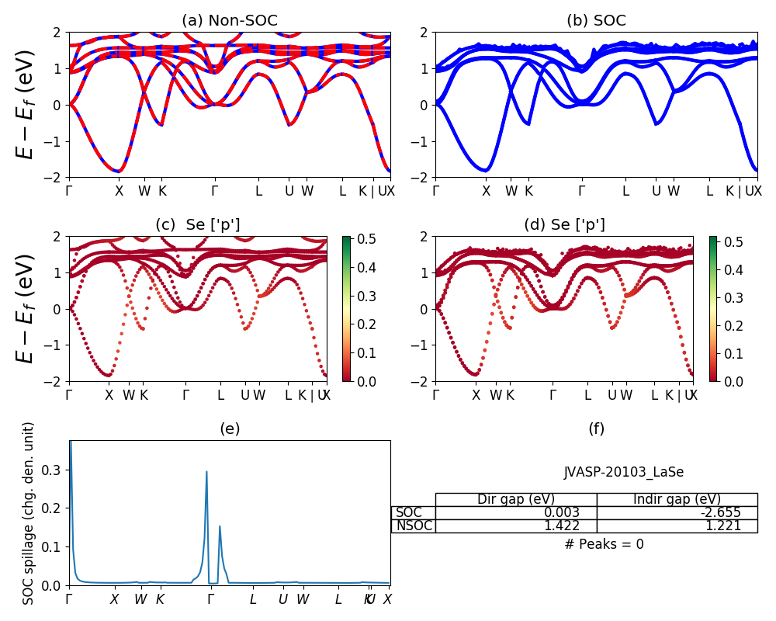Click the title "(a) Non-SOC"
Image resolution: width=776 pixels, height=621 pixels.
point(229,21)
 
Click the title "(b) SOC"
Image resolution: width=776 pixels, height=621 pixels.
point(596,21)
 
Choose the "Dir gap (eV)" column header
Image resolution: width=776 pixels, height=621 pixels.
point(516,499)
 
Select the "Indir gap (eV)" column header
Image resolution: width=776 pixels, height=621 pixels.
point(677,499)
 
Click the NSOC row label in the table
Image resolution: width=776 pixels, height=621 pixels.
point(414,526)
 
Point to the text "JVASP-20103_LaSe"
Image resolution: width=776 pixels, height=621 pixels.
point(623,472)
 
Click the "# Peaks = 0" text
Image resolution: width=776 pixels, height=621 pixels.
point(604,544)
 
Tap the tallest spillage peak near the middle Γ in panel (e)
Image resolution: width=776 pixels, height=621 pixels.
point(206,472)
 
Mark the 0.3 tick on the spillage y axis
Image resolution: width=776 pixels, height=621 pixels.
point(54,470)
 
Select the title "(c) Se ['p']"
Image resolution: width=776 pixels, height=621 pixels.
point(197,225)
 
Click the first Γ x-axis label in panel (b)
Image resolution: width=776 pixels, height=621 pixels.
point(436,191)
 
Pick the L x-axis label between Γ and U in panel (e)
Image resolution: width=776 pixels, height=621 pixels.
point(252,599)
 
